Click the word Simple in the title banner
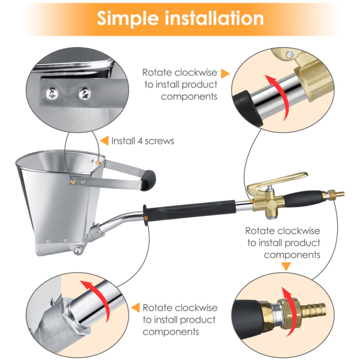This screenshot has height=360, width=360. (x=128, y=18)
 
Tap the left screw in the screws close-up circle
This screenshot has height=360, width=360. (x=52, y=94)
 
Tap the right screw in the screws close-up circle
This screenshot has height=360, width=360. (x=85, y=94)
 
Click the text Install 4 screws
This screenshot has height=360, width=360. (x=142, y=141)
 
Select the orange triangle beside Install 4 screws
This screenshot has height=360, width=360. (x=104, y=141)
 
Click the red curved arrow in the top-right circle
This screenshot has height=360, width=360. (x=278, y=96)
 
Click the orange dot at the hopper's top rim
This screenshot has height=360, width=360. (x=98, y=163)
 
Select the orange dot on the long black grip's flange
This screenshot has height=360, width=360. (x=146, y=218)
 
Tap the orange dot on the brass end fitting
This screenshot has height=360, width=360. (x=332, y=195)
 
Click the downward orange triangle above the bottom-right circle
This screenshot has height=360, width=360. (x=286, y=266)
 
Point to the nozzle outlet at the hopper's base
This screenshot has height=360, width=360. (x=78, y=250)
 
